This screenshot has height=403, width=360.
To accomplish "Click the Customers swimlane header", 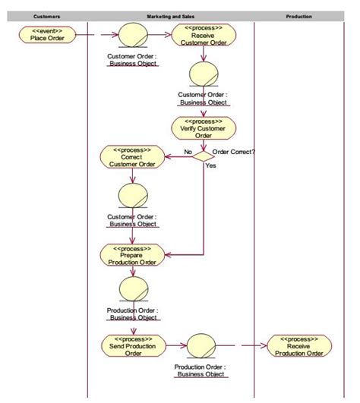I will [x=47, y=16].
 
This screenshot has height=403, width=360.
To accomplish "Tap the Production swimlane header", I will [x=298, y=16].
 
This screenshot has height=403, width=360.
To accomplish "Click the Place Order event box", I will [x=47, y=35].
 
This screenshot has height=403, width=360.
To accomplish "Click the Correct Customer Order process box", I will [x=131, y=157].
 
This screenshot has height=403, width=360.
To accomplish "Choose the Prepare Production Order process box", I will [x=131, y=254].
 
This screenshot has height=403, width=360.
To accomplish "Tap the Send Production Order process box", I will [x=132, y=345].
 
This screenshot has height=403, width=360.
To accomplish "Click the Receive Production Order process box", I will [x=298, y=345].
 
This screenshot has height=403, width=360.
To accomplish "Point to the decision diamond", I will [x=203, y=156].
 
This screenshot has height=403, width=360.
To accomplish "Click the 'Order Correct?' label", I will [x=234, y=152].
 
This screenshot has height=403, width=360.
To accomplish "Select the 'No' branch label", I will [x=188, y=152].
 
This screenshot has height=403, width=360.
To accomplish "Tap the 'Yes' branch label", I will [x=210, y=165].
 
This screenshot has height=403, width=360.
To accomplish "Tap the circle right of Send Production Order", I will [x=201, y=345].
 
